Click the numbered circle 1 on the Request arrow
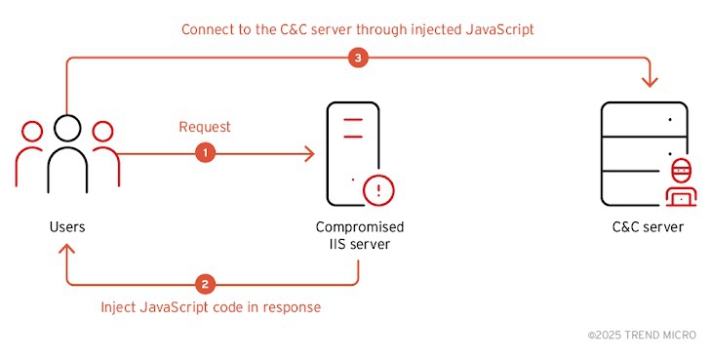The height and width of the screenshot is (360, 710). (x=205, y=153)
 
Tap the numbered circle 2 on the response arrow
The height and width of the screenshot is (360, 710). (x=205, y=284)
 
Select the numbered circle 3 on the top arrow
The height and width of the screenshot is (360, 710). (x=357, y=59)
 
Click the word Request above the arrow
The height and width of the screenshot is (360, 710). (x=204, y=128)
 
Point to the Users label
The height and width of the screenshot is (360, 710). (x=66, y=227)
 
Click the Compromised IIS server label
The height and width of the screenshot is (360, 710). (x=360, y=235)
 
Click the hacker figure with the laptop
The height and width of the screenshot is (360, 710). (x=681, y=182)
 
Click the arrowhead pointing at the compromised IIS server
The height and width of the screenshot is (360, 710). (x=309, y=153)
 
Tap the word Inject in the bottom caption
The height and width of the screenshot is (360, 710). (x=119, y=306)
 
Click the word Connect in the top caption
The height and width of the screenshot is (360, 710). (x=209, y=29)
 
